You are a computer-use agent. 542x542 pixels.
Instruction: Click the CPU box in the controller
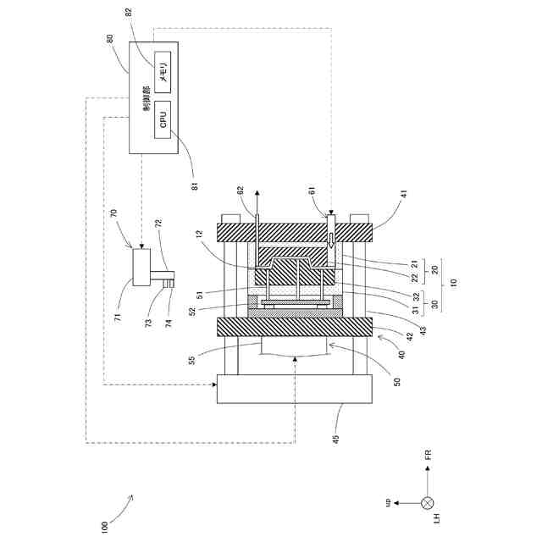(x=163, y=119)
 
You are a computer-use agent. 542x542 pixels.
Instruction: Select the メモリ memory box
(x=163, y=68)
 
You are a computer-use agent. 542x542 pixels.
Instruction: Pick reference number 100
(x=104, y=525)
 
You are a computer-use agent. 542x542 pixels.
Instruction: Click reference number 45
(x=335, y=438)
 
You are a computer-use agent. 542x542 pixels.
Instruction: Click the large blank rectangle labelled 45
(x=294, y=389)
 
